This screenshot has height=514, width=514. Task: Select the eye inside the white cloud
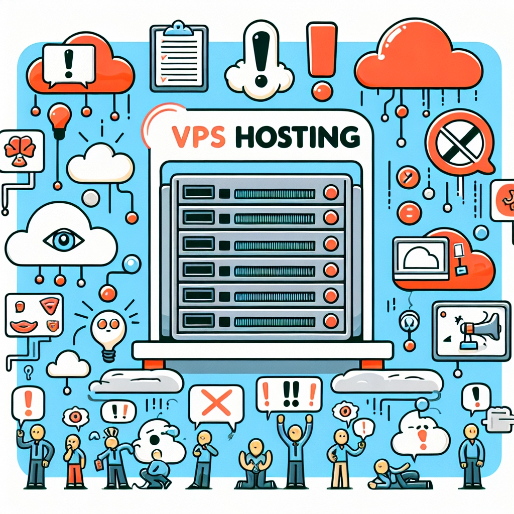click(x=64, y=239)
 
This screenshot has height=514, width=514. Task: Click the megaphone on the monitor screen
click(x=481, y=329)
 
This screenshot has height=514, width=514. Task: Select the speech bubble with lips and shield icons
click(x=34, y=315)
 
